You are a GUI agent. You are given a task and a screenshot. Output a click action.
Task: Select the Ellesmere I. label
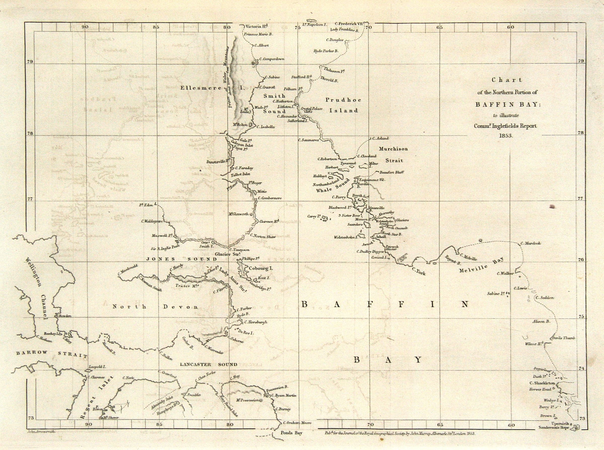[x=212, y=88]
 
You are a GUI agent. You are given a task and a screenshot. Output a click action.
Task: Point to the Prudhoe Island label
[x=343, y=105]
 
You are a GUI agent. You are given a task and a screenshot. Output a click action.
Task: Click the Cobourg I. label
[x=261, y=268]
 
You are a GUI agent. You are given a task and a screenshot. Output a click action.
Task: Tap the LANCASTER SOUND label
[x=208, y=364]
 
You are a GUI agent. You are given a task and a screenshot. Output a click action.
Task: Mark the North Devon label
[x=156, y=307]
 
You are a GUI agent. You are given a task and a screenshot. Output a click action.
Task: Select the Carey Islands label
[x=313, y=216]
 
